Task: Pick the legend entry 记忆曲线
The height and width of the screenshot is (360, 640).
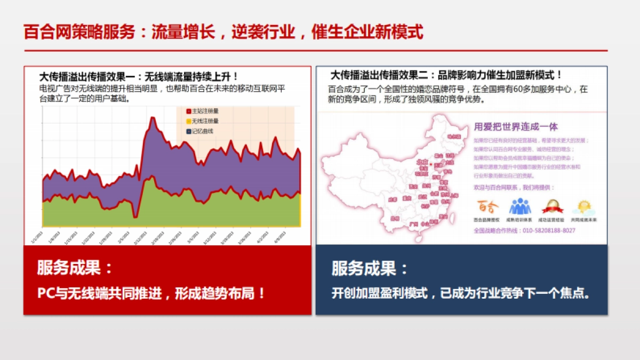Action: tap(200, 131)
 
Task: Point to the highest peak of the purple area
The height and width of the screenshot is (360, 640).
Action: tap(153, 118)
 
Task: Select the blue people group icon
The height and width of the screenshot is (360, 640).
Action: tap(519, 206)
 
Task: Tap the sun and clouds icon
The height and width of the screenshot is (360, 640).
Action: tap(583, 206)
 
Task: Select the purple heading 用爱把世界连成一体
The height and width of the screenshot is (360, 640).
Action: tap(515, 127)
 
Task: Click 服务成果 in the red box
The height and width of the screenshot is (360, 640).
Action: tap(68, 268)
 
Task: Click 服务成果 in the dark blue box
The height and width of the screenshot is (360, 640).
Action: tap(363, 268)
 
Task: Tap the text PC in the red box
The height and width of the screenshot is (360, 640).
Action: tap(44, 293)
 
